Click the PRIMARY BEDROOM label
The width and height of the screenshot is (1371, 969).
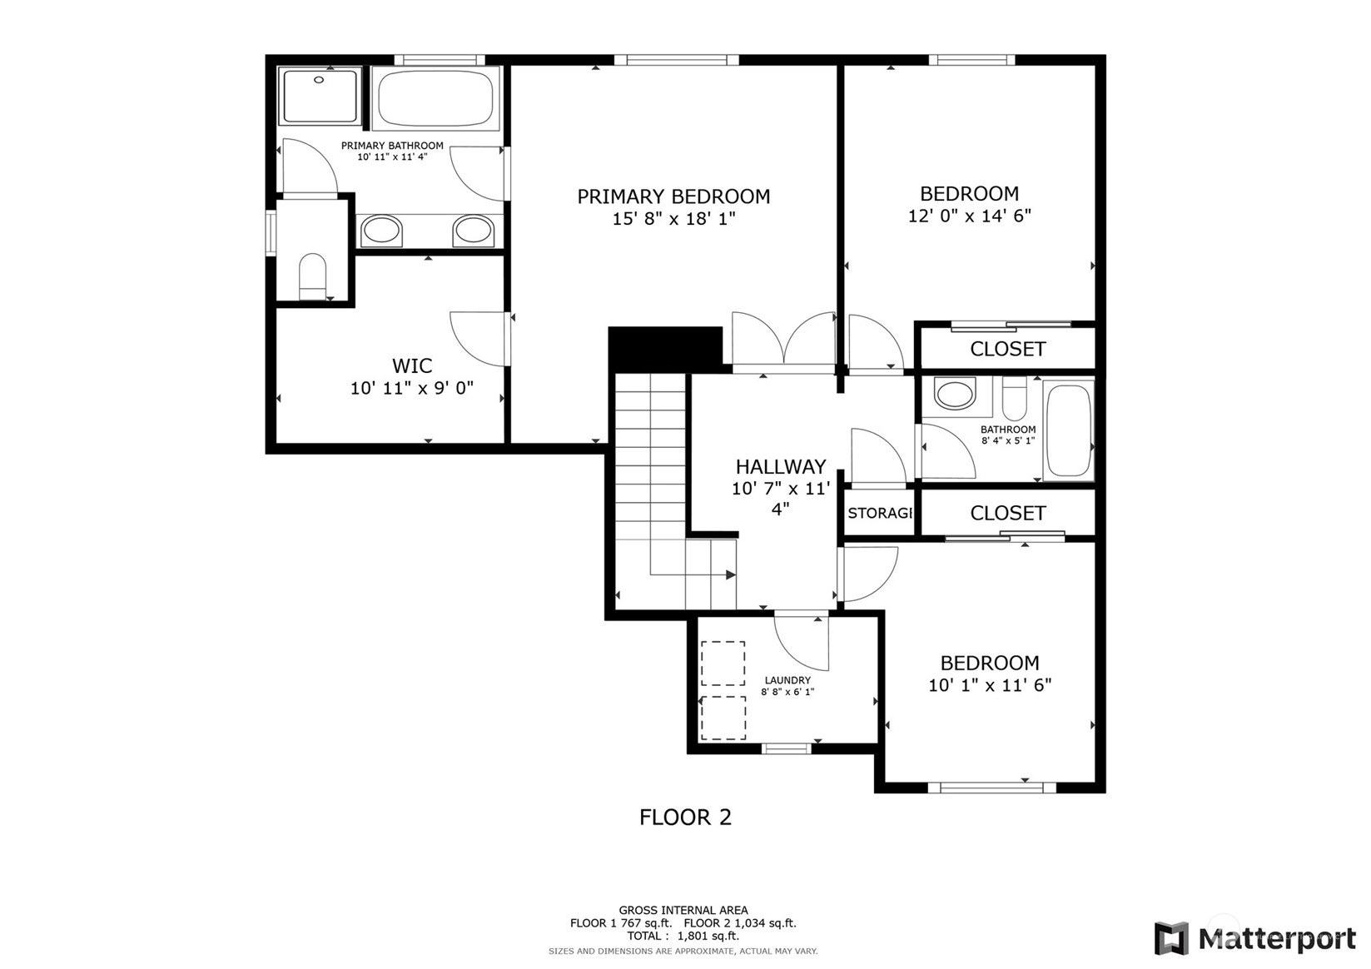[673, 196]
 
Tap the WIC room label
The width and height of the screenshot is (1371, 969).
[412, 366]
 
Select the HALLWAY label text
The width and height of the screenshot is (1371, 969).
[780, 467]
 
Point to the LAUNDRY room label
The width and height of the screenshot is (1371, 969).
[787, 680]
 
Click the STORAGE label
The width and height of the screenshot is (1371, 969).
[880, 513]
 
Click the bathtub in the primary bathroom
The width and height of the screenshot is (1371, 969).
[435, 98]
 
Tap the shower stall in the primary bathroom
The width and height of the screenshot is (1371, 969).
[320, 96]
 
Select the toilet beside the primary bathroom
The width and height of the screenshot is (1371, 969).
[313, 276]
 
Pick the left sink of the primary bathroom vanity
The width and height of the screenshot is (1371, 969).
[381, 230]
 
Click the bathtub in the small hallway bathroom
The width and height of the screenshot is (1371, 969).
[1068, 430]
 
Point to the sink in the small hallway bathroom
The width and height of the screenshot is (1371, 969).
[955, 394]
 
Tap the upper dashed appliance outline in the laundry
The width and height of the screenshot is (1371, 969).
[723, 663]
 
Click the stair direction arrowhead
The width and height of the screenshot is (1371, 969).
[731, 574]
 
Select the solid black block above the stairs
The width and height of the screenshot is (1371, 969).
[666, 348]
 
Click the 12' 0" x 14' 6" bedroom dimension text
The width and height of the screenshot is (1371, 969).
[970, 216]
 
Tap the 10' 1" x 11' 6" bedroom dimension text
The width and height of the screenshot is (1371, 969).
[990, 686]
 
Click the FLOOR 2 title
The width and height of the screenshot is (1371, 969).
[686, 817]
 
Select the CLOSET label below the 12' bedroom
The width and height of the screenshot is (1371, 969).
[1007, 349]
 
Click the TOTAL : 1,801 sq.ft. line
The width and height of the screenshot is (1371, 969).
[683, 936]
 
